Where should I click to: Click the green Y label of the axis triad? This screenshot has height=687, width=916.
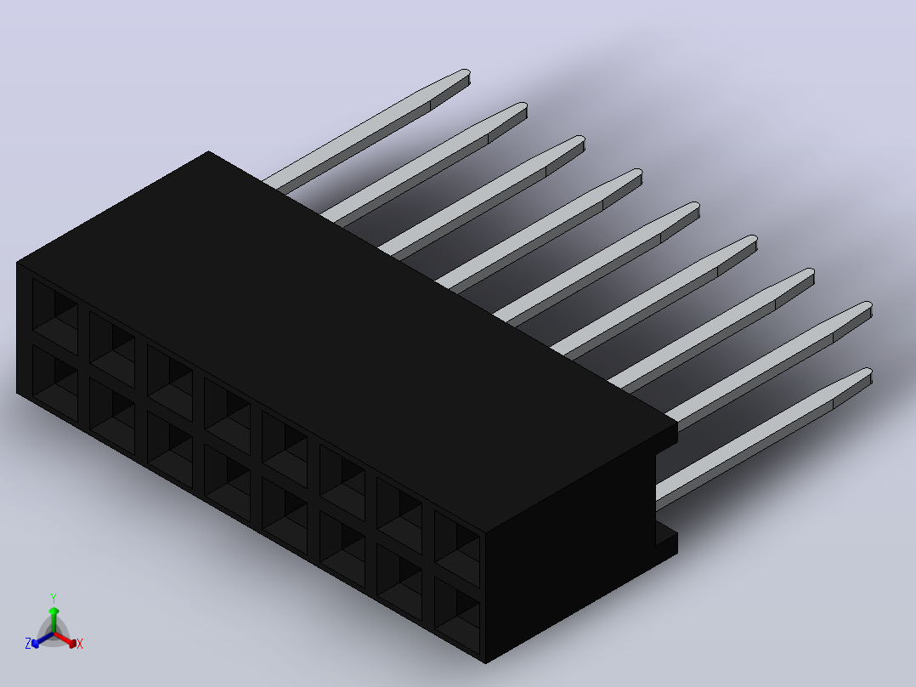tap(54, 598)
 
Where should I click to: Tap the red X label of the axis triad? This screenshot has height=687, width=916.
tap(80, 644)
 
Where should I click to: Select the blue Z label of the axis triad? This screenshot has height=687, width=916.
tap(28, 644)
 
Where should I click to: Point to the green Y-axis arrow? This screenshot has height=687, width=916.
tap(54, 619)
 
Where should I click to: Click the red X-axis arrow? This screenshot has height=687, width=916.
tap(65, 639)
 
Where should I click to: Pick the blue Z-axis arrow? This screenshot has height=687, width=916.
tap(42, 639)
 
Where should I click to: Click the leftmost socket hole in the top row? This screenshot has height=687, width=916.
tap(55, 316)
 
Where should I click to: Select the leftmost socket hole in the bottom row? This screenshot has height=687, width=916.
tap(55, 383)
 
